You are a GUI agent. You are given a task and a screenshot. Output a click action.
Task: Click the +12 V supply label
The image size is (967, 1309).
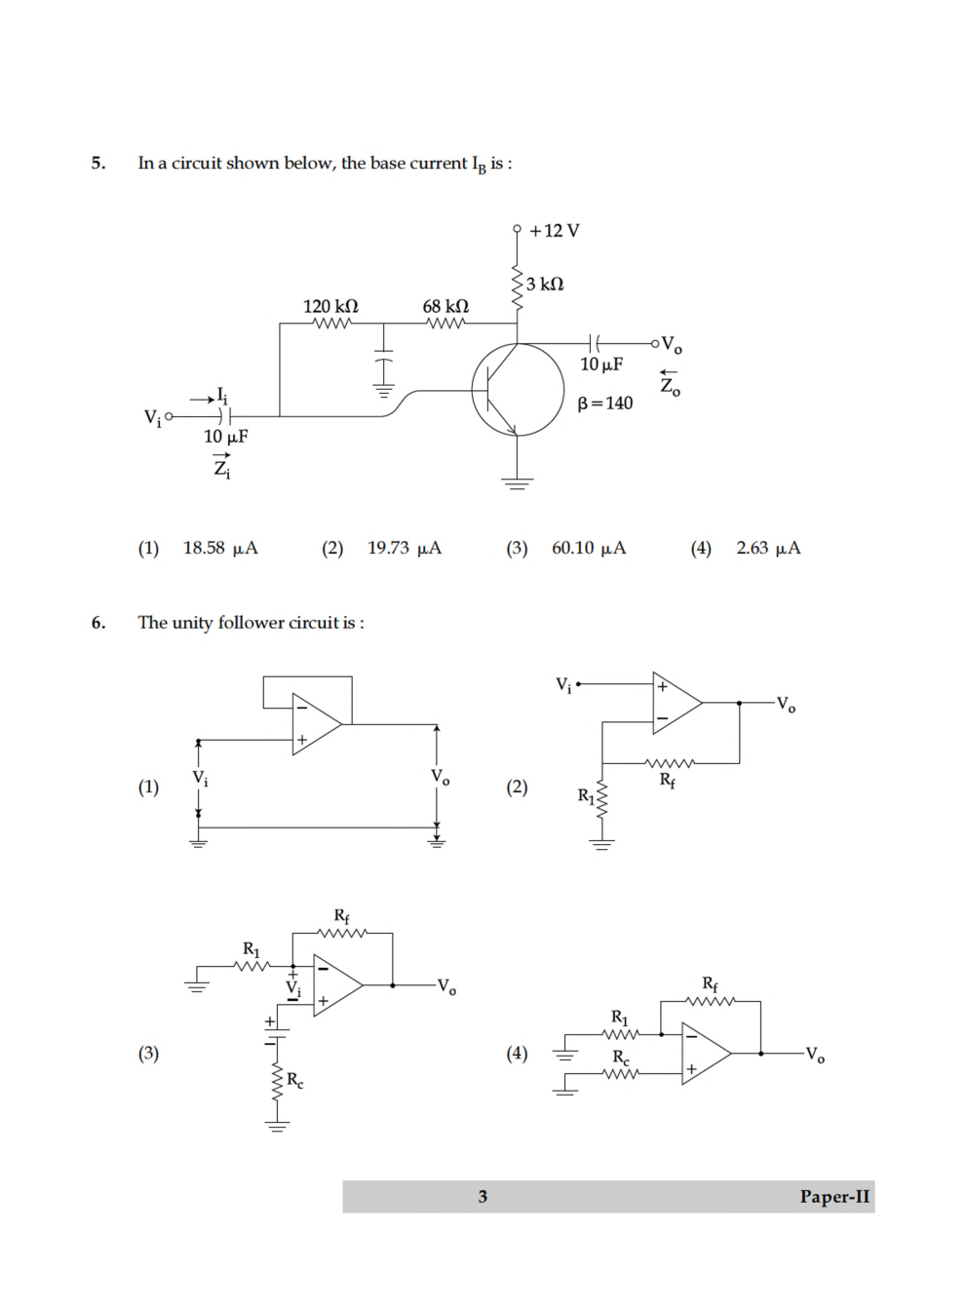point(554,231)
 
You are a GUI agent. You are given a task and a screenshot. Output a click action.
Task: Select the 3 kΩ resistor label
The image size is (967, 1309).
point(544,284)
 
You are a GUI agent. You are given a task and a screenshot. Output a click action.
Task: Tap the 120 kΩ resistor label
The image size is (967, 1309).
point(330,306)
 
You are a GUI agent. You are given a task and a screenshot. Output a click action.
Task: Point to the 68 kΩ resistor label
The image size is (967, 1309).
point(445,306)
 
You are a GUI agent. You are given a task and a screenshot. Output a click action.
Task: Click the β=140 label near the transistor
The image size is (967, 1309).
point(604,404)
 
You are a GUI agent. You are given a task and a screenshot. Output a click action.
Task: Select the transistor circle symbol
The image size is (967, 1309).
point(517,390)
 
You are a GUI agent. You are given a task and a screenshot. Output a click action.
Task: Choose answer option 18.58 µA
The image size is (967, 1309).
point(220,548)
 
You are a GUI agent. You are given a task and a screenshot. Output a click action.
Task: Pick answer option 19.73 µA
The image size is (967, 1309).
point(404,548)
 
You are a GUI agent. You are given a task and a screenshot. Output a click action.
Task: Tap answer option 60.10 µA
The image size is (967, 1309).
point(588,548)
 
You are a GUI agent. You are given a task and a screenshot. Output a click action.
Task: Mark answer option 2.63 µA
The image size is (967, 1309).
point(768,548)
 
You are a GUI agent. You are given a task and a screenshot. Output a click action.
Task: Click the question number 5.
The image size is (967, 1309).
point(98,163)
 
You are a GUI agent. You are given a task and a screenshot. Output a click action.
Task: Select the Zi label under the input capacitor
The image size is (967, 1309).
point(222,467)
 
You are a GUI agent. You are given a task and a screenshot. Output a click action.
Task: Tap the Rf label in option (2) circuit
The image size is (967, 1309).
point(668,780)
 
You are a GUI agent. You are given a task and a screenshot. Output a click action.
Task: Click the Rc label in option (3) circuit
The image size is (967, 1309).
point(294,1080)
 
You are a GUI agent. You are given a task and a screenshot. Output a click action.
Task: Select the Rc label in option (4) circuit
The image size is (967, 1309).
point(621,1058)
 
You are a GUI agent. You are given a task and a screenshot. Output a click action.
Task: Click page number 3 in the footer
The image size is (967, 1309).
point(483,1197)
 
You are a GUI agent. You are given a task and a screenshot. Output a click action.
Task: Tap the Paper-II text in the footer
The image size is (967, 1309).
point(834,1197)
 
